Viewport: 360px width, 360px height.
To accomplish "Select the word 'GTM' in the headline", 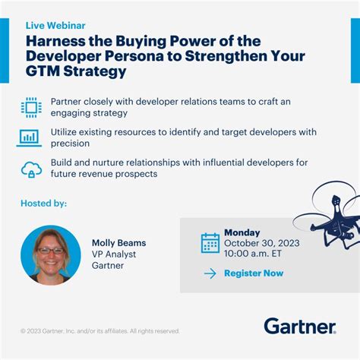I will pyautogui.click(x=45, y=71).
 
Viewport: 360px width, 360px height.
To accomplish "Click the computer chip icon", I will pyautogui.click(x=31, y=106).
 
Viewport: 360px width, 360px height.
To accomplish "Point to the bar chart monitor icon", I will pyautogui.click(x=30, y=137).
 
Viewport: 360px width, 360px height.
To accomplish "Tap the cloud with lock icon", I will pyautogui.click(x=30, y=169).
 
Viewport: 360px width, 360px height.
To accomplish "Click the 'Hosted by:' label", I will pyautogui.click(x=44, y=204).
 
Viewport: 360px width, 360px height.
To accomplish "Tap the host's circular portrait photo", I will pyautogui.click(x=50, y=254).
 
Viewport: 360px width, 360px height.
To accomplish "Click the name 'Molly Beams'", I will pyautogui.click(x=118, y=243).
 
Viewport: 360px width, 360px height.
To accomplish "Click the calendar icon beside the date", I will pyautogui.click(x=210, y=242).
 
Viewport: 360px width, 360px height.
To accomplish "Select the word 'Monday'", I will pyautogui.click(x=242, y=232).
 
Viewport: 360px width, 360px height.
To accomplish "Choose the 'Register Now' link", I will pyautogui.click(x=253, y=273).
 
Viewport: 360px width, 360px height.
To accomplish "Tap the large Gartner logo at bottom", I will pyautogui.click(x=299, y=327).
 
